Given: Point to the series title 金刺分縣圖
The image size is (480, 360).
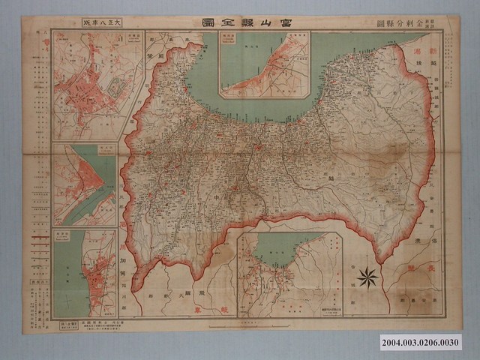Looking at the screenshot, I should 406,23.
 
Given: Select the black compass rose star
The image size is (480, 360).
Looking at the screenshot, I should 367,277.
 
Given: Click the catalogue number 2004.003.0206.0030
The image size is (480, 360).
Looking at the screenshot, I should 421,342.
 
